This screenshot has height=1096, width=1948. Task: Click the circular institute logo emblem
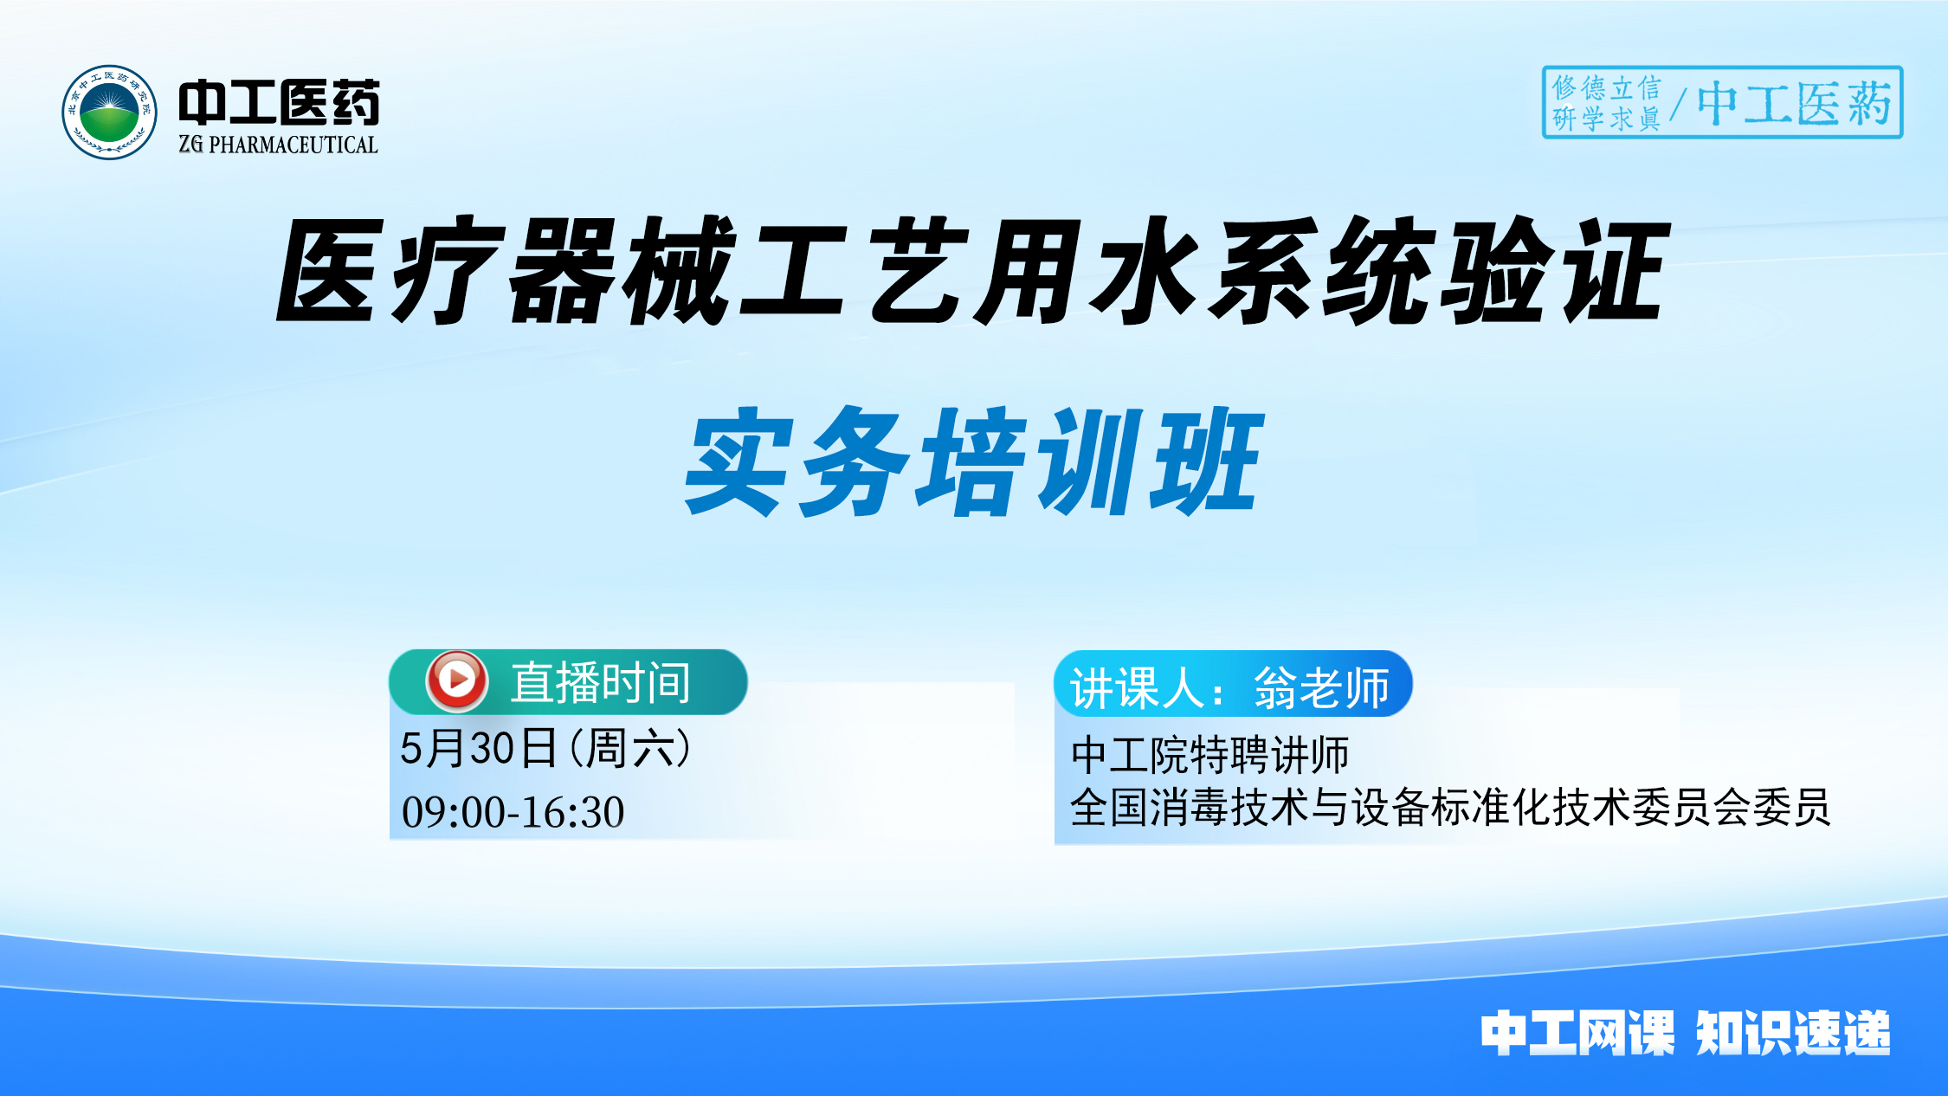(x=109, y=112)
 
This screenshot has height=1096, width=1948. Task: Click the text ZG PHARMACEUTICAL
(x=278, y=145)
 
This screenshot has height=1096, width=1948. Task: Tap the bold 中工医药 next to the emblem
(x=279, y=102)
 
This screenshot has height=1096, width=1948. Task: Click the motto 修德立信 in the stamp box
(x=1606, y=87)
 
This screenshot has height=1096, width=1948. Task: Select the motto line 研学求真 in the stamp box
(x=1606, y=118)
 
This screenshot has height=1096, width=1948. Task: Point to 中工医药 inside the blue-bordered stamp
(x=1793, y=104)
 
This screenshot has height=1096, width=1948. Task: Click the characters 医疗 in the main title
(x=390, y=271)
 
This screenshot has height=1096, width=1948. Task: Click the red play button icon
(x=456, y=680)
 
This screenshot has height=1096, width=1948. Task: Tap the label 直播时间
(x=600, y=683)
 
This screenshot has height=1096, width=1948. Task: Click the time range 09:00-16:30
(x=513, y=812)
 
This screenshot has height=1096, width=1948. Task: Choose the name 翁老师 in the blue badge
(x=1321, y=688)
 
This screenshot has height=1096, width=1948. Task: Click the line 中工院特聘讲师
(x=1209, y=754)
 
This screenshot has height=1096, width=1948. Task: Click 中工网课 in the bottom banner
(x=1577, y=1033)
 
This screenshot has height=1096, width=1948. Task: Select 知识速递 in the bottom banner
(x=1792, y=1033)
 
